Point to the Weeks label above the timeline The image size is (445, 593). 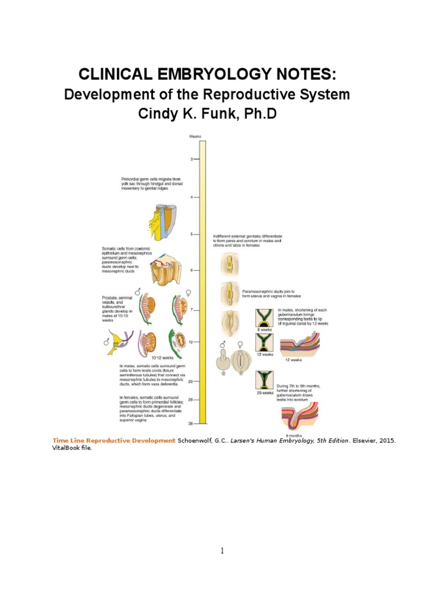[195, 137]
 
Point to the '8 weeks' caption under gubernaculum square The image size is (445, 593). [264, 330]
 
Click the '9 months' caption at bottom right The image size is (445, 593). [294, 435]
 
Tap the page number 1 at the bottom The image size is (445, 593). [222, 551]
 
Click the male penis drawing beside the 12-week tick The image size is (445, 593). [222, 364]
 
